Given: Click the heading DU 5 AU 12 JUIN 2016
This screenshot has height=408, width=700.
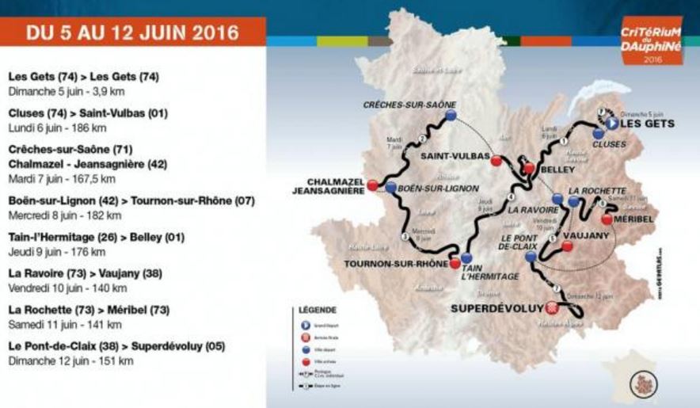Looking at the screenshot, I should [132, 32].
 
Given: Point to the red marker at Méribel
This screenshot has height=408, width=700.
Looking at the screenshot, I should [607, 219].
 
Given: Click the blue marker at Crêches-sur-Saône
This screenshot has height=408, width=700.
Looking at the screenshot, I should [451, 116].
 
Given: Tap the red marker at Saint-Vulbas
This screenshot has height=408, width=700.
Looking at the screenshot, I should [496, 161].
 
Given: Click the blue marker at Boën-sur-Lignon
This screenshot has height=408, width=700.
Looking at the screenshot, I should [391, 188].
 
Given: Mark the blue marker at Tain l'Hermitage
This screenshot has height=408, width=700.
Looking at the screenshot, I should [466, 257].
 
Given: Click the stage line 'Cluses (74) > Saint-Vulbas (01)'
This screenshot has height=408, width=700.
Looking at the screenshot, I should [87, 112].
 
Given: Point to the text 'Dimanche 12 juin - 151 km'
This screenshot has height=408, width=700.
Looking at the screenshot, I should [70, 360].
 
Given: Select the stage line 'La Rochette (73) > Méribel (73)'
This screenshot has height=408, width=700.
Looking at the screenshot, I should [88, 310].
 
